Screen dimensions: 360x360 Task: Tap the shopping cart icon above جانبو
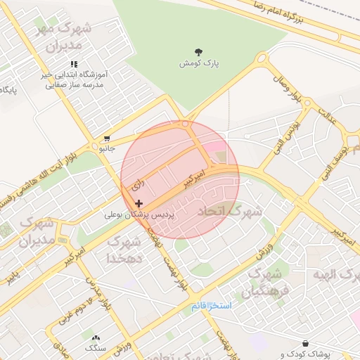pyautogui.click(x=106, y=139)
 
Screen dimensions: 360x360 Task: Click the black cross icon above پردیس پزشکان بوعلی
pyautogui.click(x=138, y=202)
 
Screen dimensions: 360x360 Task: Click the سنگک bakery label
pyautogui.click(x=95, y=348)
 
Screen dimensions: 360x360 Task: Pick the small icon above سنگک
pyautogui.click(x=96, y=337)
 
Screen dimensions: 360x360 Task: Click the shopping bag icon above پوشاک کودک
pyautogui.click(x=305, y=343)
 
